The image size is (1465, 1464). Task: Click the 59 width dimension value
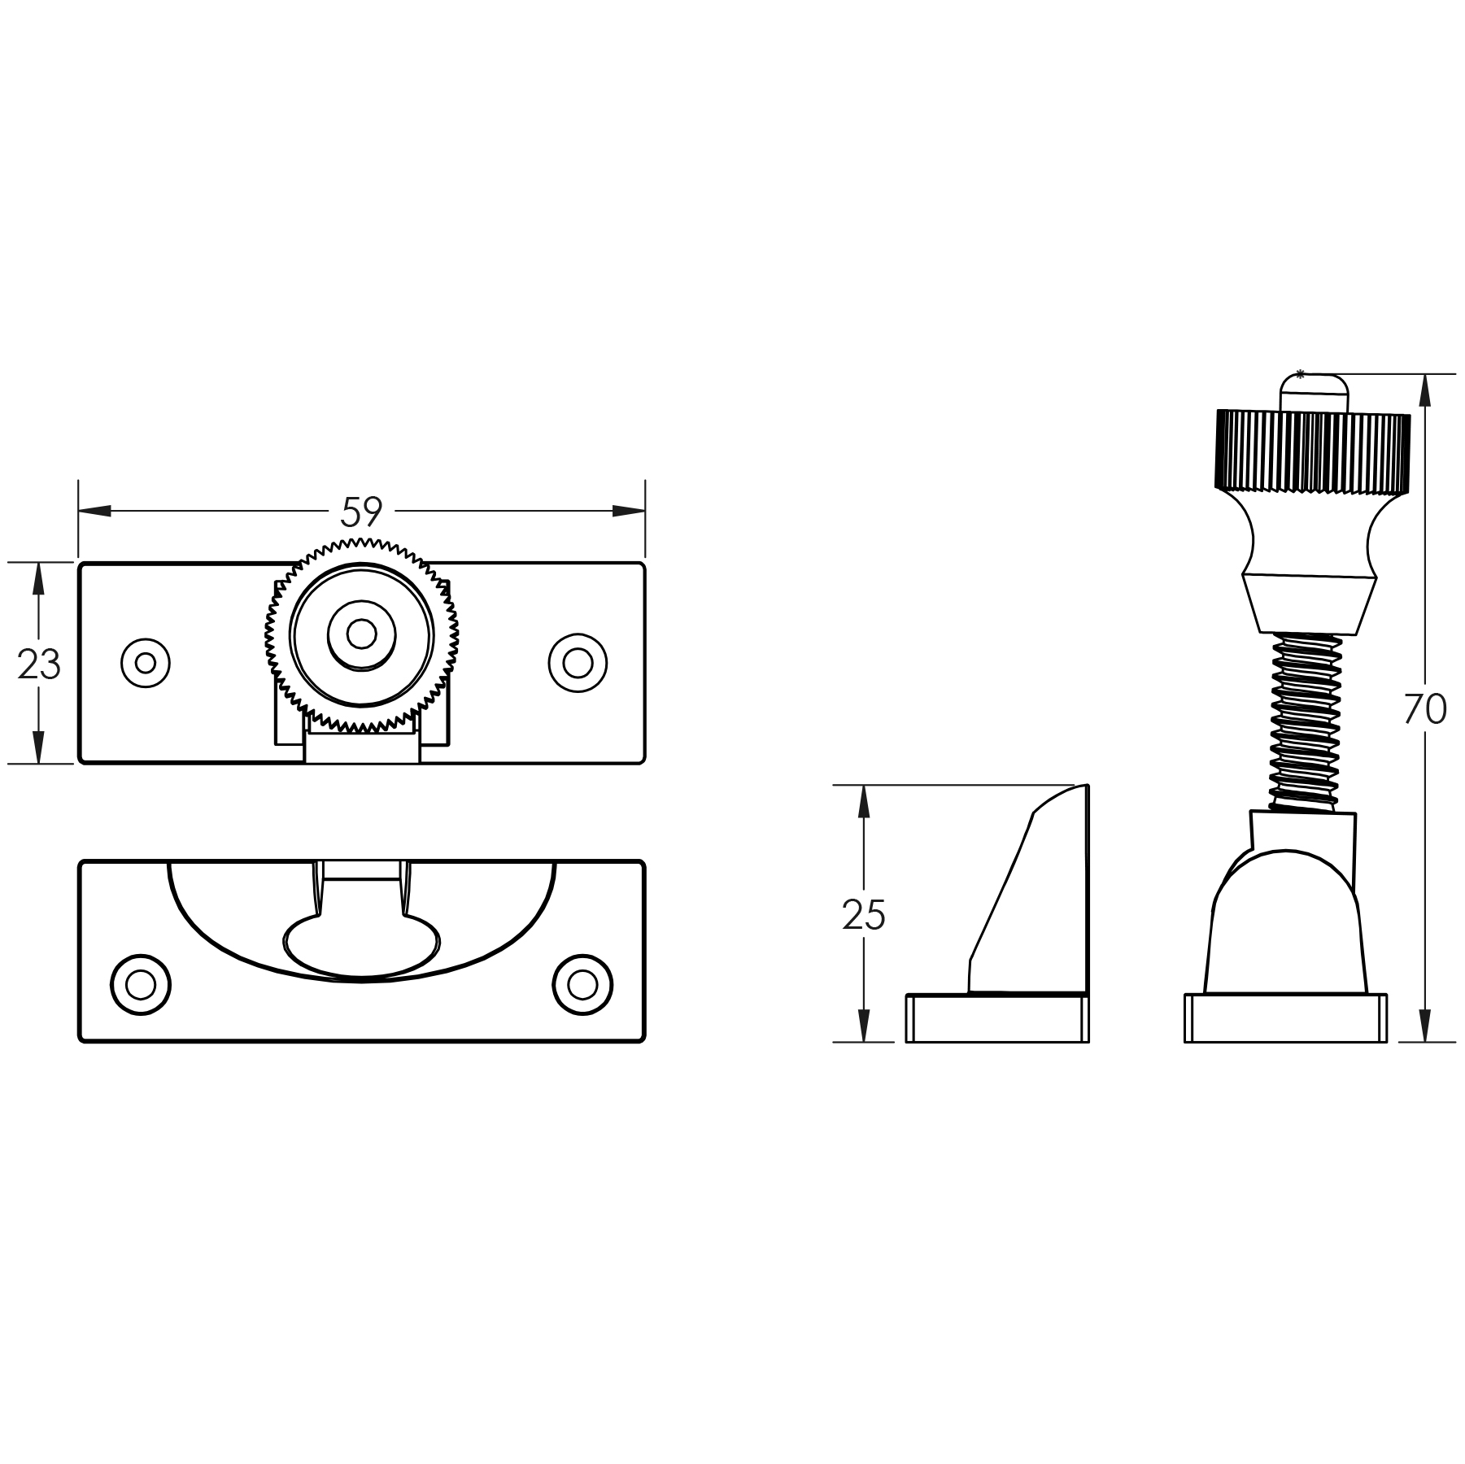361,512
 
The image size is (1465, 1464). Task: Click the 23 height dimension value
39,664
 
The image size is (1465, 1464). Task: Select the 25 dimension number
864,916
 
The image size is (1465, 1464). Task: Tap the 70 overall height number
1425,709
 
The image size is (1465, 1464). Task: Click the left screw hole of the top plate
146,663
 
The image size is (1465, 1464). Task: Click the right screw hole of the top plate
578,663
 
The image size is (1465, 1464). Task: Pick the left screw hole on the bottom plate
141,985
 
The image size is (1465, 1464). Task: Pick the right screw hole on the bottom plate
582,985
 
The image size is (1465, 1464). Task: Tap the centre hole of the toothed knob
361,634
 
